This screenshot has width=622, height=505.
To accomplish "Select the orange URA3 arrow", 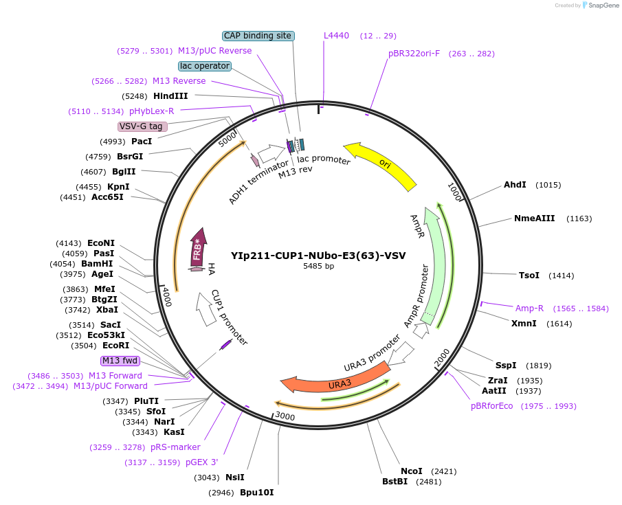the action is coord(337,380).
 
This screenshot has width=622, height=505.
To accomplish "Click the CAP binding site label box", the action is coord(258,36).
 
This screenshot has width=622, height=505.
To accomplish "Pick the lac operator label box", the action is coord(204,66).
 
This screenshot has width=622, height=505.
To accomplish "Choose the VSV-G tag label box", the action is coord(142,126).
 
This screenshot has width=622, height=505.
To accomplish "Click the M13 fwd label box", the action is coord(120,361).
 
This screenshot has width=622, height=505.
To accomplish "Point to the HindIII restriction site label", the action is coord(170,96).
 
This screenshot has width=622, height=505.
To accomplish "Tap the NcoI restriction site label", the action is coord(412,471).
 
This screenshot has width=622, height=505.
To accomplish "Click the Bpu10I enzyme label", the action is coord(257,493).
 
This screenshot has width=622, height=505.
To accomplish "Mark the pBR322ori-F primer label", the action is coord(414,54).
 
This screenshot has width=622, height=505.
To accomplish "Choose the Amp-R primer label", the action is coord(529,308).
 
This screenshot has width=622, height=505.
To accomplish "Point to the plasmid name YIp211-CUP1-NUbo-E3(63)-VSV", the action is coord(318,255).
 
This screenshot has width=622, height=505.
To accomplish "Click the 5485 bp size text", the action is coord(318,266).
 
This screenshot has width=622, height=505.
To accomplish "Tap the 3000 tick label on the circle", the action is coord(285,416).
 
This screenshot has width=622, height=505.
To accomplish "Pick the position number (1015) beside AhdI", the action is coord(549,185).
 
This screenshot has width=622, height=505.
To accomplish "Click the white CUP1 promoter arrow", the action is coord(206,309).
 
